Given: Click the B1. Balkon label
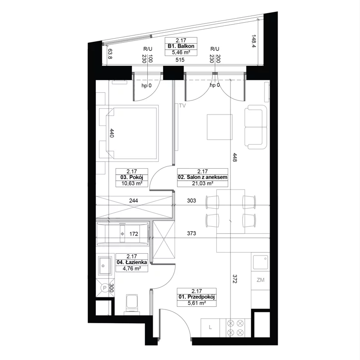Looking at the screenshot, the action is pyautogui.click(x=181, y=46).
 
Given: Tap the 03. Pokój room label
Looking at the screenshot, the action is pyautogui.click(x=131, y=177).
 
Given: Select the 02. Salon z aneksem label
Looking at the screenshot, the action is pyautogui.click(x=203, y=177).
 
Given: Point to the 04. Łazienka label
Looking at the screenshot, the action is pyautogui.click(x=131, y=262).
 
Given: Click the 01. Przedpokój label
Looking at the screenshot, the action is pyautogui.click(x=196, y=297).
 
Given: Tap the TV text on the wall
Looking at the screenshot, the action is pyautogui.click(x=182, y=105).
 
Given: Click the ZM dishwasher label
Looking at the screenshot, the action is pyautogui.click(x=260, y=280).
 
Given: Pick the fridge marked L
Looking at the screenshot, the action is pyautogui.click(x=210, y=328).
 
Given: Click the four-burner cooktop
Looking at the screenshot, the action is pyautogui.click(x=235, y=328).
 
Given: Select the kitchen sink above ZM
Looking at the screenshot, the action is pyautogui.click(x=260, y=262).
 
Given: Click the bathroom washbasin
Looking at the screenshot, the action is pyautogui.click(x=105, y=265).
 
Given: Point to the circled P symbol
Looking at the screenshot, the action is pyautogui.click(x=105, y=288).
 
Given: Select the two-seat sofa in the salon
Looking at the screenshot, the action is pyautogui.click(x=256, y=127).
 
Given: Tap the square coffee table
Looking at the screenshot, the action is pyautogui.click(x=220, y=127).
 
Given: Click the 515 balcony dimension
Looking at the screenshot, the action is pyautogui.click(x=180, y=60).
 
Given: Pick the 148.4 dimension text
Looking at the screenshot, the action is pyautogui.click(x=254, y=41).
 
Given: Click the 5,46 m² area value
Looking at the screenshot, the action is pyautogui.click(x=181, y=52).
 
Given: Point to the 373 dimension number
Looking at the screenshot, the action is pyautogui.click(x=191, y=233).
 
